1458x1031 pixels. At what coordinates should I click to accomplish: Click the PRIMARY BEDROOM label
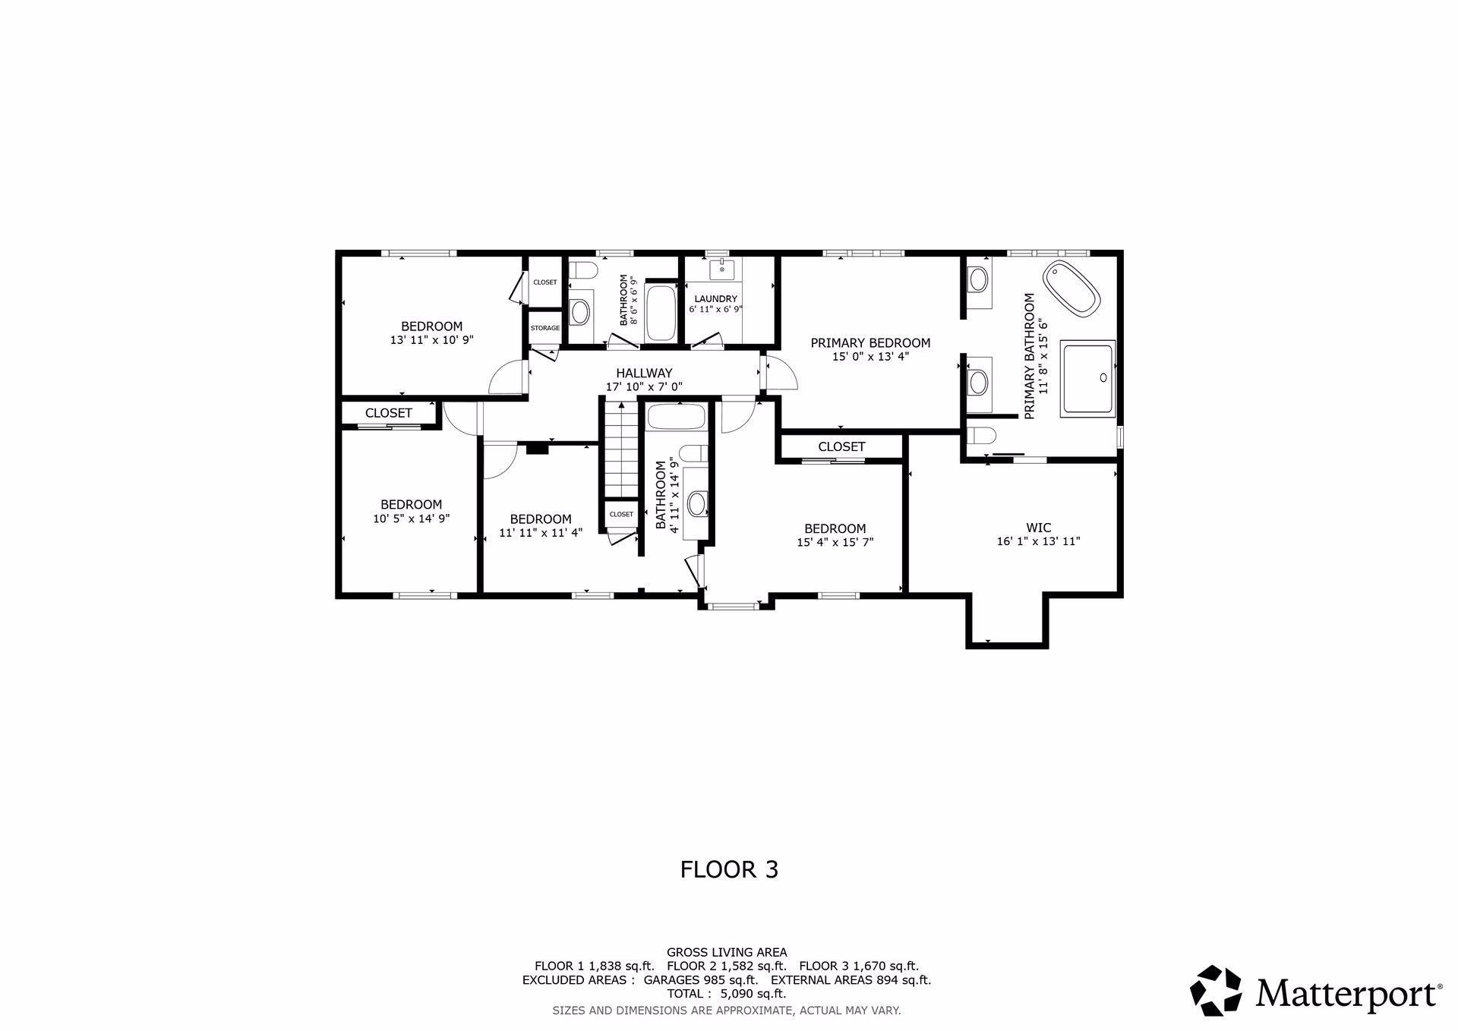tap(870, 343)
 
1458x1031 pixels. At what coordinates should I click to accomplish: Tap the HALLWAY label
tap(644, 374)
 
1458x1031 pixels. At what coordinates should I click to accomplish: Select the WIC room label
tap(1038, 528)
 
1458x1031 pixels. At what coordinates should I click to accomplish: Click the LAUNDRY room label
tap(715, 299)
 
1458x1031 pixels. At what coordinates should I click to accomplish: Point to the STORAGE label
tap(545, 328)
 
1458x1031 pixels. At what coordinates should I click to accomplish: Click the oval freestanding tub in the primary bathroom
tap(1071, 288)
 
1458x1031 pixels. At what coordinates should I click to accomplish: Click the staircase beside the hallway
tap(622, 449)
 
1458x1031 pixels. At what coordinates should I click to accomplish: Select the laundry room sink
tap(721, 269)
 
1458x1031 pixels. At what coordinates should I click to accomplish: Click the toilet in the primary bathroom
tap(982, 437)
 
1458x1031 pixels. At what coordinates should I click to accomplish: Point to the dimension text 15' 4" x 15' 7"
tap(835, 542)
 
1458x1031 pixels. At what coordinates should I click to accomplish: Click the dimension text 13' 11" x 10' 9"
tap(432, 340)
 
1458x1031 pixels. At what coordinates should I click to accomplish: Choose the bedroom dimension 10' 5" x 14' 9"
tap(412, 519)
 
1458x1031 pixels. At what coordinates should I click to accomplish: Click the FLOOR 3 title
tap(729, 869)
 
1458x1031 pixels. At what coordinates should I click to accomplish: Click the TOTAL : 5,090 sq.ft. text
tap(727, 993)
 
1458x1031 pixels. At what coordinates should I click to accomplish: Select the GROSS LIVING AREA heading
tap(727, 952)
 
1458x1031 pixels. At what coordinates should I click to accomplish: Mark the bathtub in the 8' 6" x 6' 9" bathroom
tap(660, 313)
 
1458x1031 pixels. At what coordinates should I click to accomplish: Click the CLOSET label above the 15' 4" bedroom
tap(841, 447)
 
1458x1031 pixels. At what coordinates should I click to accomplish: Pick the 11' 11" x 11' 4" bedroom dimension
tap(541, 533)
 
